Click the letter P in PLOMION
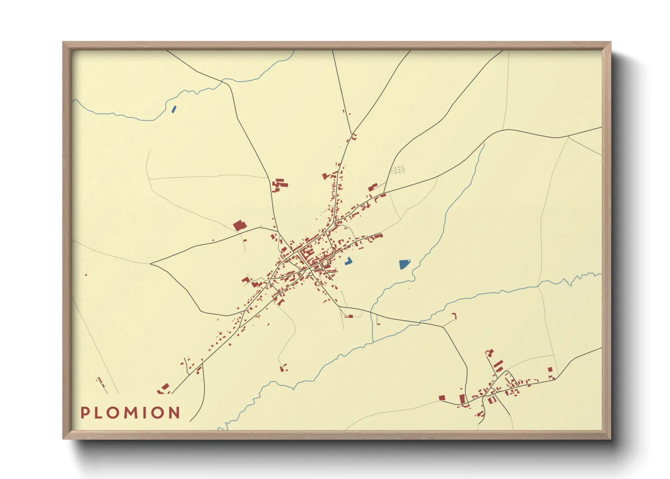point(85,413)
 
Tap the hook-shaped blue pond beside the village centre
point(349,261)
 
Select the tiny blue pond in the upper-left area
point(174,109)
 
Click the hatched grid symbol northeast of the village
point(397,170)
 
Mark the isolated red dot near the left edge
point(86,275)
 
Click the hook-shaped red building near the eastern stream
point(454,316)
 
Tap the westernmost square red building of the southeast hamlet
point(442,398)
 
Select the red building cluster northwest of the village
point(279,185)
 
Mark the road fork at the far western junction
point(151,263)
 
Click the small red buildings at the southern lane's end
point(282,368)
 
